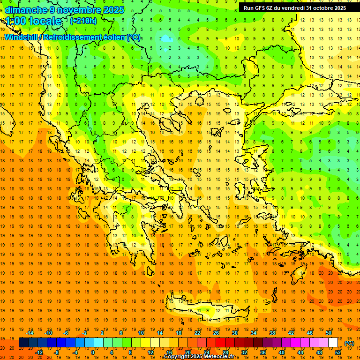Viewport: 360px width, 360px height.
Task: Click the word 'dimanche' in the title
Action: point(24,10)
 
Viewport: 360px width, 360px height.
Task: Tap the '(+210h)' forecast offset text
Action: point(83,21)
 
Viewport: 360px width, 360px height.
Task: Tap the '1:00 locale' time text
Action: point(34,21)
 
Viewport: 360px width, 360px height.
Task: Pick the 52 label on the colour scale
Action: point(338,352)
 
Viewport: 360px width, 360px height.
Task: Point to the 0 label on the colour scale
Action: point(93,352)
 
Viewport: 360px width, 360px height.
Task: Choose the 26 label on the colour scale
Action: point(216,333)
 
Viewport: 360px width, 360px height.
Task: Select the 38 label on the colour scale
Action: point(272,333)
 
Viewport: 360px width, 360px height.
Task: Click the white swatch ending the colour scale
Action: point(333,343)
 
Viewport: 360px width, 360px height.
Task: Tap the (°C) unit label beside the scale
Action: point(349,343)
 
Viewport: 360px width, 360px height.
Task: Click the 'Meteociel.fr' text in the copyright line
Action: point(225,357)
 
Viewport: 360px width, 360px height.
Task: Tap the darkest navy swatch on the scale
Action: point(23,343)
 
